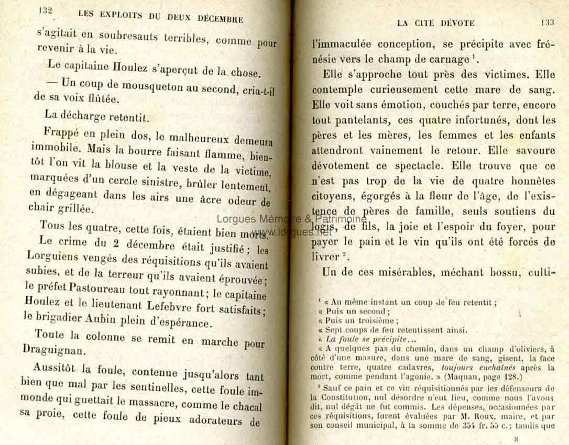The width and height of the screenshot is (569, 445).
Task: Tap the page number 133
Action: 548,23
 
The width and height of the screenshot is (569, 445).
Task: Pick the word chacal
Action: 244,406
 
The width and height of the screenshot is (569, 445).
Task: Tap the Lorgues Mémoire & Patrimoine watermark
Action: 291,219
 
